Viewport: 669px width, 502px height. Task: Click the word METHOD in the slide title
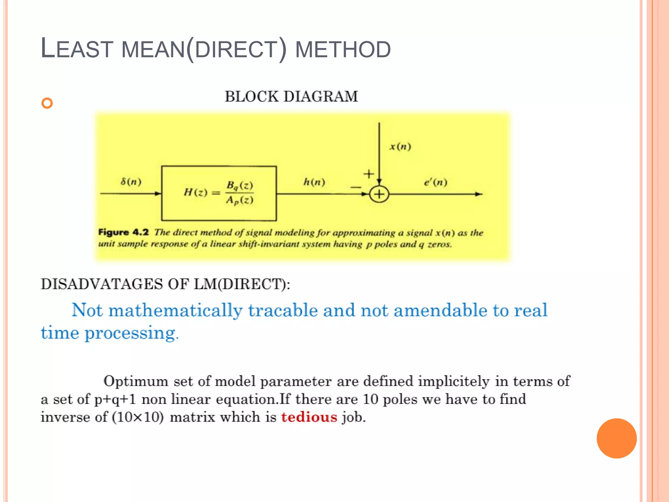[x=343, y=50]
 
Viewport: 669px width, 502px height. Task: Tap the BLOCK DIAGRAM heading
[x=291, y=97]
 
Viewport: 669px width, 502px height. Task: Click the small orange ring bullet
[x=47, y=103]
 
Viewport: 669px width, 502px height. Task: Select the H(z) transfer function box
[x=219, y=193]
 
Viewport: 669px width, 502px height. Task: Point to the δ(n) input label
[x=131, y=181]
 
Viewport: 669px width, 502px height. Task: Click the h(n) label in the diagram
[x=314, y=182]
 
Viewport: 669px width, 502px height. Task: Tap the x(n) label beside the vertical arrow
[x=400, y=146]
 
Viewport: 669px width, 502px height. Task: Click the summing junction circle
[x=379, y=194]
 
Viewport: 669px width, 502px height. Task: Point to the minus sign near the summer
[x=355, y=187]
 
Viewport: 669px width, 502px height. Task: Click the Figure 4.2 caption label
[x=123, y=232]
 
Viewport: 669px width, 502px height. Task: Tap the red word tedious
[x=309, y=417]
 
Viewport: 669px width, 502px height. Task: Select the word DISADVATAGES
[x=102, y=284]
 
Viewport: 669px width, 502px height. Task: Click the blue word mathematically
[x=175, y=310]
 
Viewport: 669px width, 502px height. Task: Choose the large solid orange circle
[x=616, y=438]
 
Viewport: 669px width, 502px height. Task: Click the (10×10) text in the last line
[x=138, y=417]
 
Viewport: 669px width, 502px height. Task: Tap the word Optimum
[x=136, y=381]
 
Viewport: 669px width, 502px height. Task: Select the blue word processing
[x=130, y=334]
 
